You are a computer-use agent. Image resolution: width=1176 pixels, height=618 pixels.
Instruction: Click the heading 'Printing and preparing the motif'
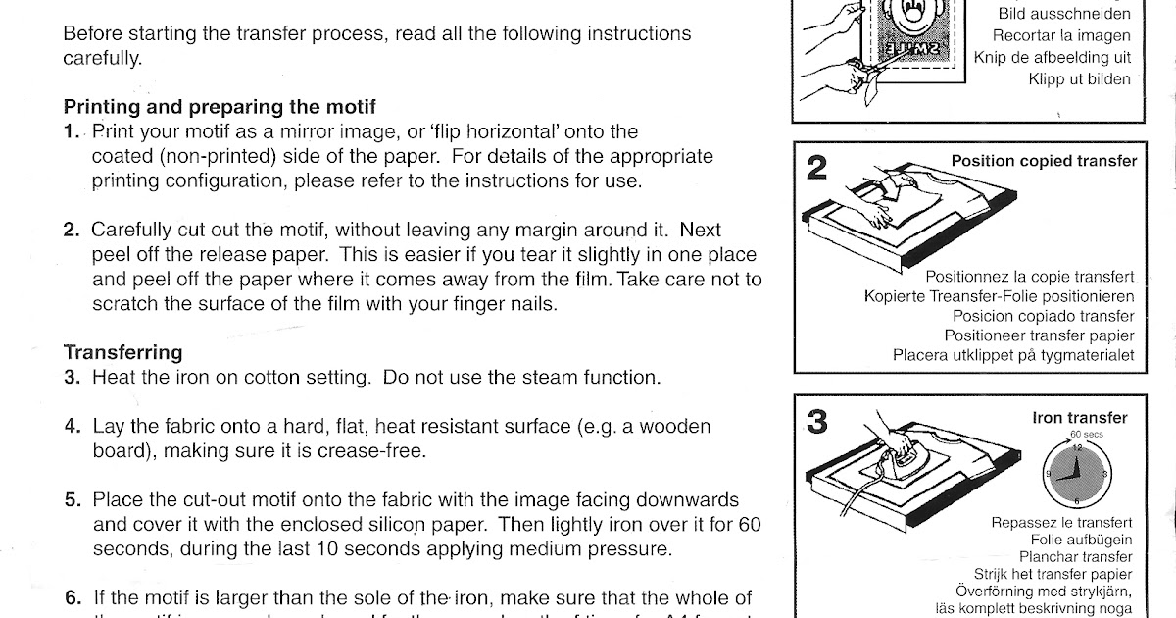coord(220,107)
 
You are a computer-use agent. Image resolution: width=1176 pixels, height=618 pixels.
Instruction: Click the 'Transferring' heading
coord(122,351)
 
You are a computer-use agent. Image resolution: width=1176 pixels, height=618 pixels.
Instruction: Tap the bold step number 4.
coord(73,427)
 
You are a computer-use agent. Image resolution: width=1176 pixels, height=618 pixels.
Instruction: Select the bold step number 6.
coord(73,597)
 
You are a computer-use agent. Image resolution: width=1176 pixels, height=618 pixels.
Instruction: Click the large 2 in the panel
coord(816,169)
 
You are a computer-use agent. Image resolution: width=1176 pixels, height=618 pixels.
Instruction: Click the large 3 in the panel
coord(817,422)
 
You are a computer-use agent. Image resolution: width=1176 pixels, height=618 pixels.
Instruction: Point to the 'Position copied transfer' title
coord(1044,161)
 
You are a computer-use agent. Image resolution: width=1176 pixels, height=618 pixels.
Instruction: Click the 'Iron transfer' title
coord(1080,418)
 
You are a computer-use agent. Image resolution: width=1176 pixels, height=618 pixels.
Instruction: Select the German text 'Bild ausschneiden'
coord(1064,14)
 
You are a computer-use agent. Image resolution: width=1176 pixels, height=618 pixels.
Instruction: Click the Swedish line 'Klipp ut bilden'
coord(1079,79)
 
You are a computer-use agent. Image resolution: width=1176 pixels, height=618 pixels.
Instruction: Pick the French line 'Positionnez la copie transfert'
coord(1030,278)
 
